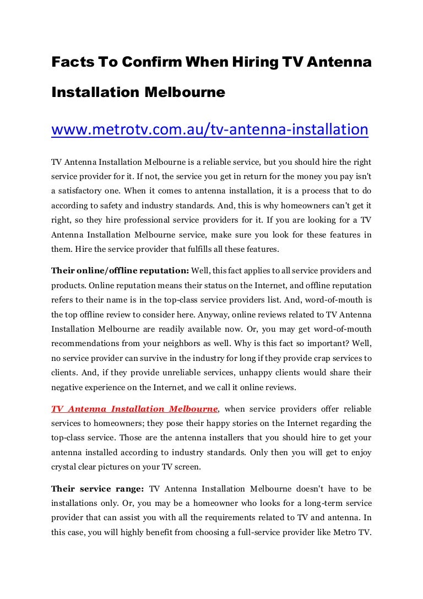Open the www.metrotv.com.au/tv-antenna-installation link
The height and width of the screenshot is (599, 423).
pyautogui.click(x=209, y=129)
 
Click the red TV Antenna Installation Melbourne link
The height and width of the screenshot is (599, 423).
pyautogui.click(x=134, y=409)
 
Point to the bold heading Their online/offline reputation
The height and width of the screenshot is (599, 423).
pyautogui.click(x=120, y=271)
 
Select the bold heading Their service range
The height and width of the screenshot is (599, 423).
pyautogui.click(x=97, y=489)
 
